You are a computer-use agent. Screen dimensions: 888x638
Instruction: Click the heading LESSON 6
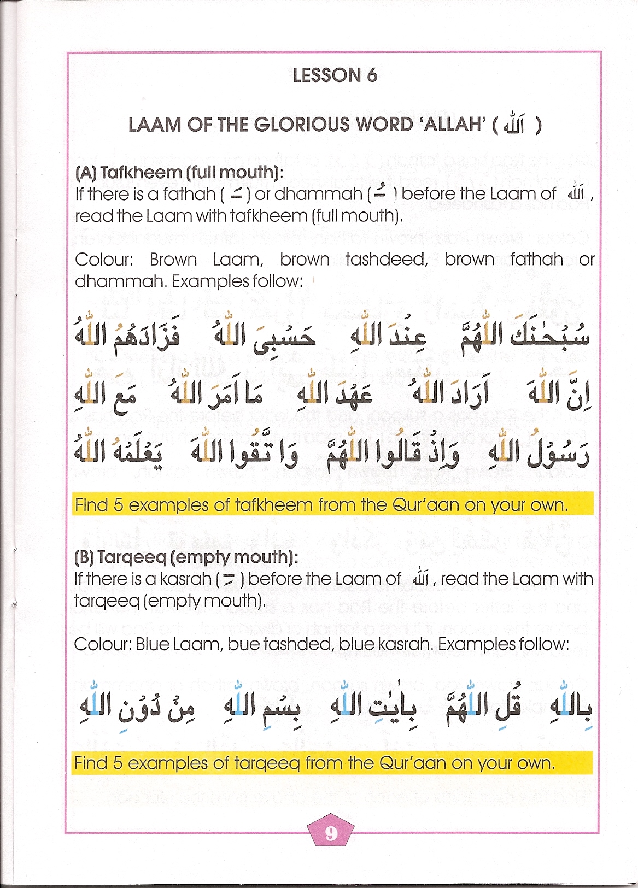[x=335, y=75]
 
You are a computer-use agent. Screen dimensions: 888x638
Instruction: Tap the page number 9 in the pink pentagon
[x=331, y=833]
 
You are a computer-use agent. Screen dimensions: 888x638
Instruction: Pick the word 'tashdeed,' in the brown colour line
[x=387, y=260]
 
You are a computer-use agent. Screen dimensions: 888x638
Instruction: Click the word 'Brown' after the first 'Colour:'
[x=173, y=260]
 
